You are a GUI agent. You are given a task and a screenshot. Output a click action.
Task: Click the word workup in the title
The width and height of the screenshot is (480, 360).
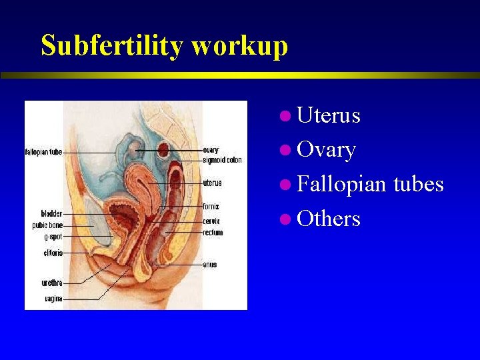tap(239, 46)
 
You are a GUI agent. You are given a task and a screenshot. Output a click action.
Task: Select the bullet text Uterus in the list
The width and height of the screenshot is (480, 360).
tap(329, 115)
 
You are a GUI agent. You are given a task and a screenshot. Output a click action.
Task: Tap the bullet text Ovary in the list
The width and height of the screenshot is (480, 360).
tap(326, 150)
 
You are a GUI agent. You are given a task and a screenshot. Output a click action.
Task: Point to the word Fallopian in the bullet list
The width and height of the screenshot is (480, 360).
tap(342, 184)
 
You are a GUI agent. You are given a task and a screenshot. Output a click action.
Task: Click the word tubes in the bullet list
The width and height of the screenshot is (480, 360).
tap(418, 184)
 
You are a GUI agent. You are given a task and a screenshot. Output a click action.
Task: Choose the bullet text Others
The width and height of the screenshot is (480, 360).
tap(329, 219)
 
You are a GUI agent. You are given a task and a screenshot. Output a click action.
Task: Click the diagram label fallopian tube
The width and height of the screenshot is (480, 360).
tap(43, 152)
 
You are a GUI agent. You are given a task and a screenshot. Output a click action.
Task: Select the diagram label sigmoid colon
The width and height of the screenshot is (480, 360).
tap(222, 160)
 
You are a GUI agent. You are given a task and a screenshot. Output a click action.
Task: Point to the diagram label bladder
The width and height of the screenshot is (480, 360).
tap(51, 214)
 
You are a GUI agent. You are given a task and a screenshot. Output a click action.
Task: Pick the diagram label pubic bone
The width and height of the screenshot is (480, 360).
tap(47, 225)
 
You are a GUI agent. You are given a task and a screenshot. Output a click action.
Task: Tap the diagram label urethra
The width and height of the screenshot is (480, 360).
tap(52, 283)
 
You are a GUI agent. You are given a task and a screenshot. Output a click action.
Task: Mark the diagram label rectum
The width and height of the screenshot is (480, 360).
tap(213, 233)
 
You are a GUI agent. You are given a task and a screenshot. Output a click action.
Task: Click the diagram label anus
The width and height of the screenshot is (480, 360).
tap(209, 265)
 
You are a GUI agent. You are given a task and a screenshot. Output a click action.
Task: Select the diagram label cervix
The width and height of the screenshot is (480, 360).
tap(211, 221)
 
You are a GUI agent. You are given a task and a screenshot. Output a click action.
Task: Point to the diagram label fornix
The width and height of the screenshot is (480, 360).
tap(211, 207)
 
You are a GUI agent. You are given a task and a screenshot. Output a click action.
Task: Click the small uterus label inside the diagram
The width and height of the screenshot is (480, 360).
tap(212, 183)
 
